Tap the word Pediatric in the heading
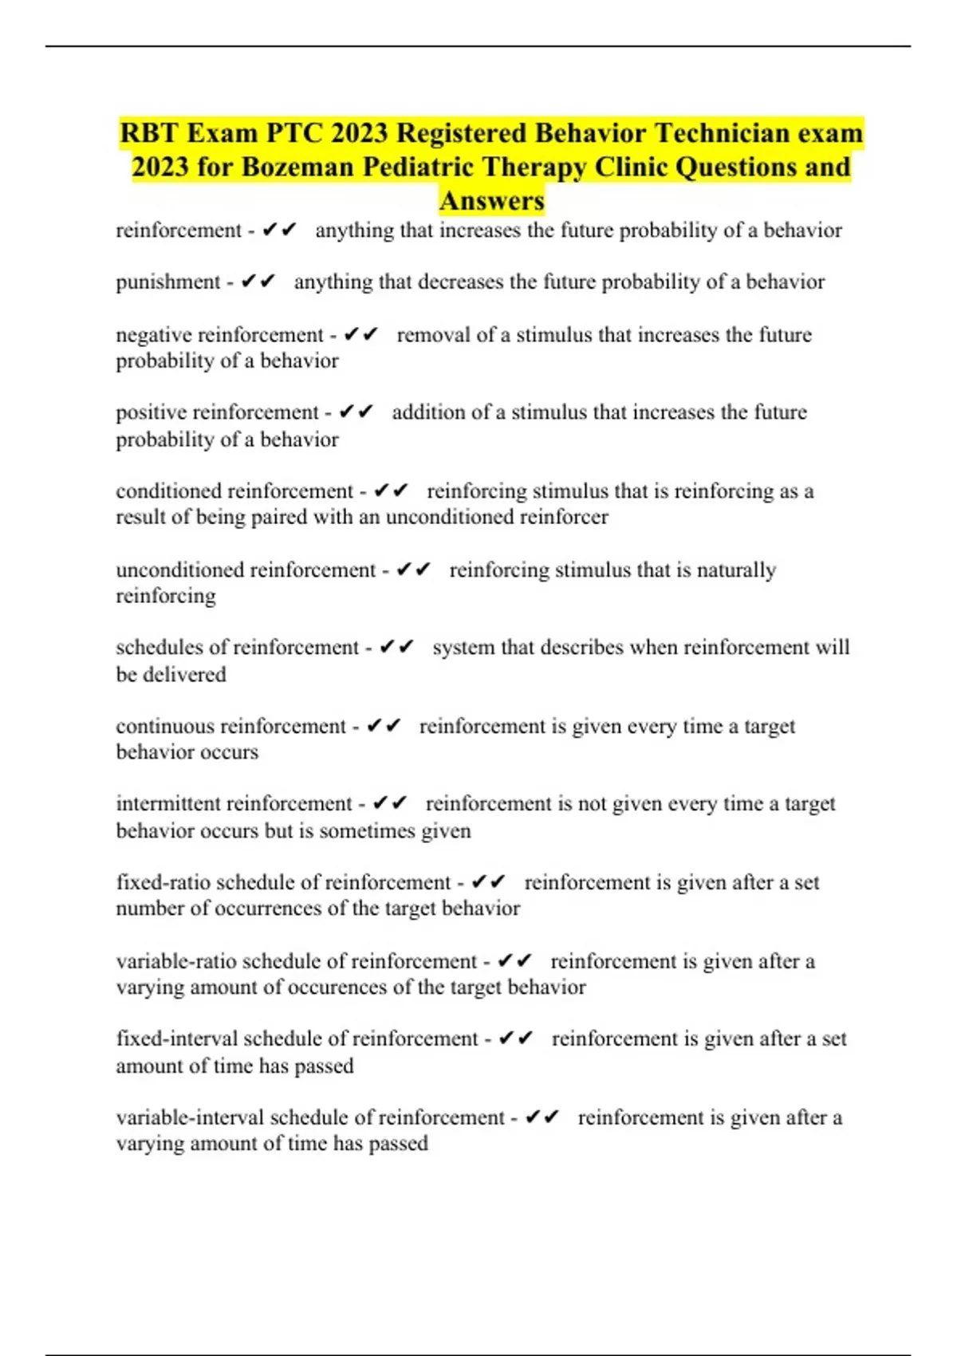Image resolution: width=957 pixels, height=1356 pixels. point(422,167)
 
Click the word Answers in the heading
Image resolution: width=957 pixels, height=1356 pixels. point(492,200)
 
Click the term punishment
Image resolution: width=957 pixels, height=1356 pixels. point(167,282)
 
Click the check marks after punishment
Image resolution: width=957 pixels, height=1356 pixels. point(258,282)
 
